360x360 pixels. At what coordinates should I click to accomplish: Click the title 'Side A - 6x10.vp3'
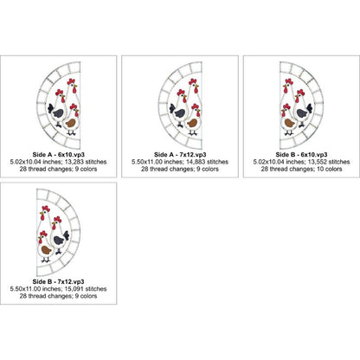tap(58, 155)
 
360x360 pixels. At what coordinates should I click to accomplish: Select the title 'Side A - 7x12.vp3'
tap(180, 155)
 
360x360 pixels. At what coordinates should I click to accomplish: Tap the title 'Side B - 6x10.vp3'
tap(301, 155)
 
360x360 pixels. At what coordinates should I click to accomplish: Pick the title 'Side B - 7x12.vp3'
tap(58, 281)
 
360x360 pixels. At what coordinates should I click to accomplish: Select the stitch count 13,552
tap(319, 162)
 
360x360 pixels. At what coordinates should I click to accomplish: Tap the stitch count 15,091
tap(76, 289)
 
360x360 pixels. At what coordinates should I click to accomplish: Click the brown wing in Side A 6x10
tap(71, 123)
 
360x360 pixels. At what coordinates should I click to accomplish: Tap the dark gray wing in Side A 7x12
tap(180, 113)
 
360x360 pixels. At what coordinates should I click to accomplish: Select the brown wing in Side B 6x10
tap(289, 123)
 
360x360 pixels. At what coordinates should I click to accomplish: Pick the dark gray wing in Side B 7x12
tap(59, 240)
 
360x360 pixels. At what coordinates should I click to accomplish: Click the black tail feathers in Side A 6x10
tap(50, 108)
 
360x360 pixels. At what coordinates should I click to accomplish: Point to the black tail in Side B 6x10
tap(310, 108)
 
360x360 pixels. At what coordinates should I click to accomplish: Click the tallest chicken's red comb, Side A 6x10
tap(71, 81)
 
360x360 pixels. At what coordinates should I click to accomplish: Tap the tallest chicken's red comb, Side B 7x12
tap(46, 209)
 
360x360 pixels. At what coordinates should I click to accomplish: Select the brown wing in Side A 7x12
tap(192, 123)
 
